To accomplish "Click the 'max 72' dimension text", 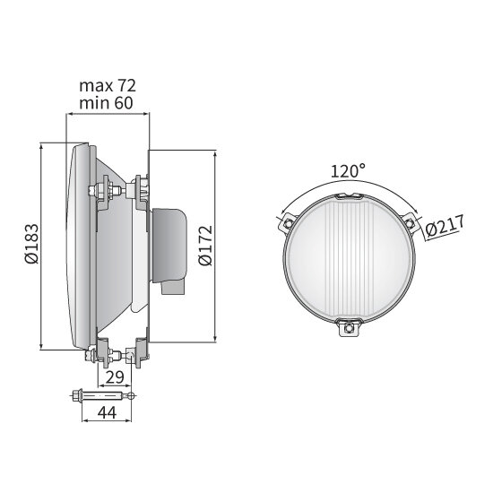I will pos(107,85).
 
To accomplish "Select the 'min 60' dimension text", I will pos(107,102).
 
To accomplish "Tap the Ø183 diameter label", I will pos(30,245).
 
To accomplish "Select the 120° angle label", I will pos(348,170).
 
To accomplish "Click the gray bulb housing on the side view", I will pos(169,242).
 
